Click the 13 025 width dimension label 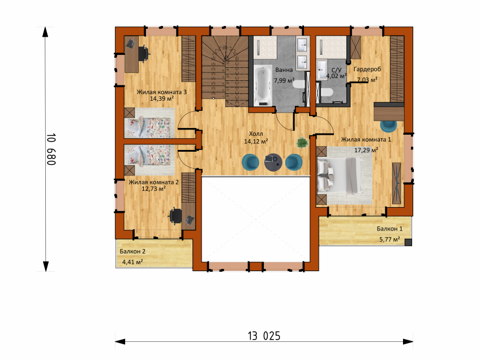[264, 336]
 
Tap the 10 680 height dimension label [51, 149]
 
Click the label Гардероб [367, 69]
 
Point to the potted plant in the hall [302, 143]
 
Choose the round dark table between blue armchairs [273, 162]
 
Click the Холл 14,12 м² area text [256, 138]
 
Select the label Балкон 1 [389, 229]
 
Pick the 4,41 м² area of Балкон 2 [132, 262]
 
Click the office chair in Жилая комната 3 [144, 53]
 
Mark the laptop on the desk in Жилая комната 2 [189, 219]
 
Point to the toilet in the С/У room [326, 92]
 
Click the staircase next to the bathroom [225, 71]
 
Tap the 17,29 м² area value [366, 150]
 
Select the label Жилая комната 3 [162, 92]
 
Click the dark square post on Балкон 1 [408, 242]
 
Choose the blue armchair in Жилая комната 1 [389, 125]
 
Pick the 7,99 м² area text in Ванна [284, 80]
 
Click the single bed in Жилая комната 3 [149, 122]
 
